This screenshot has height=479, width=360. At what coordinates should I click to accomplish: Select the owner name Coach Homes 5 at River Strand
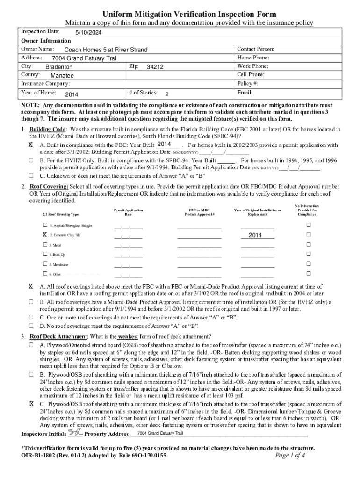(x=106, y=50)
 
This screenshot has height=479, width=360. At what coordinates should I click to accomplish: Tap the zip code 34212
(x=155, y=67)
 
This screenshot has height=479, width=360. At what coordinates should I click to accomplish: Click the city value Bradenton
(x=59, y=67)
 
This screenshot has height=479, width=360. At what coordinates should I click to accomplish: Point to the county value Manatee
(x=62, y=75)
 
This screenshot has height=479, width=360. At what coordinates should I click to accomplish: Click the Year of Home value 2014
(x=72, y=94)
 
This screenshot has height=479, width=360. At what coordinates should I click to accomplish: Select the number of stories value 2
(x=166, y=94)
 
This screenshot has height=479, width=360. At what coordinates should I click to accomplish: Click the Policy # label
(x=248, y=84)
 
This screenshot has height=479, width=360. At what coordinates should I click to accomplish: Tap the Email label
(x=245, y=93)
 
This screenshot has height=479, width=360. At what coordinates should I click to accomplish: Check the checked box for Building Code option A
(x=31, y=145)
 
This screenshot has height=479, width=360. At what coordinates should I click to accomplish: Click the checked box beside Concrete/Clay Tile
(x=44, y=235)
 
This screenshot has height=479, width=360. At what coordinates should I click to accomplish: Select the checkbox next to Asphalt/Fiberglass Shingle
(x=44, y=225)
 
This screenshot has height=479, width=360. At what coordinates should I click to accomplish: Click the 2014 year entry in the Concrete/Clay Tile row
(x=255, y=235)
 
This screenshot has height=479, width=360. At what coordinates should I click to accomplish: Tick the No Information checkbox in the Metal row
(x=308, y=245)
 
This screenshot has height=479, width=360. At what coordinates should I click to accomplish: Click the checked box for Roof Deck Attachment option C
(x=31, y=403)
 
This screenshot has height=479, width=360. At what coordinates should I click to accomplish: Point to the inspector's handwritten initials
(x=74, y=432)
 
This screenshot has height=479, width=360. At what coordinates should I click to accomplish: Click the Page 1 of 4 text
(x=290, y=455)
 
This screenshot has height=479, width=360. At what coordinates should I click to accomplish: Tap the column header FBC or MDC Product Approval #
(x=199, y=212)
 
